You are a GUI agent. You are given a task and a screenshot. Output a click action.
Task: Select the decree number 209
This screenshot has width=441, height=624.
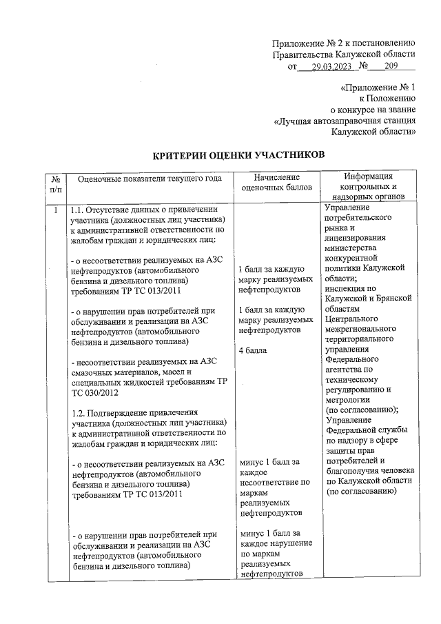tap(391, 67)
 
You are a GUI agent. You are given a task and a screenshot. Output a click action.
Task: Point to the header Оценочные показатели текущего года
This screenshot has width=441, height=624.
tap(150, 179)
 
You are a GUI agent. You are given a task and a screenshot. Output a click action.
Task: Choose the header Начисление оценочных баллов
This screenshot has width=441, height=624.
tap(278, 183)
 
